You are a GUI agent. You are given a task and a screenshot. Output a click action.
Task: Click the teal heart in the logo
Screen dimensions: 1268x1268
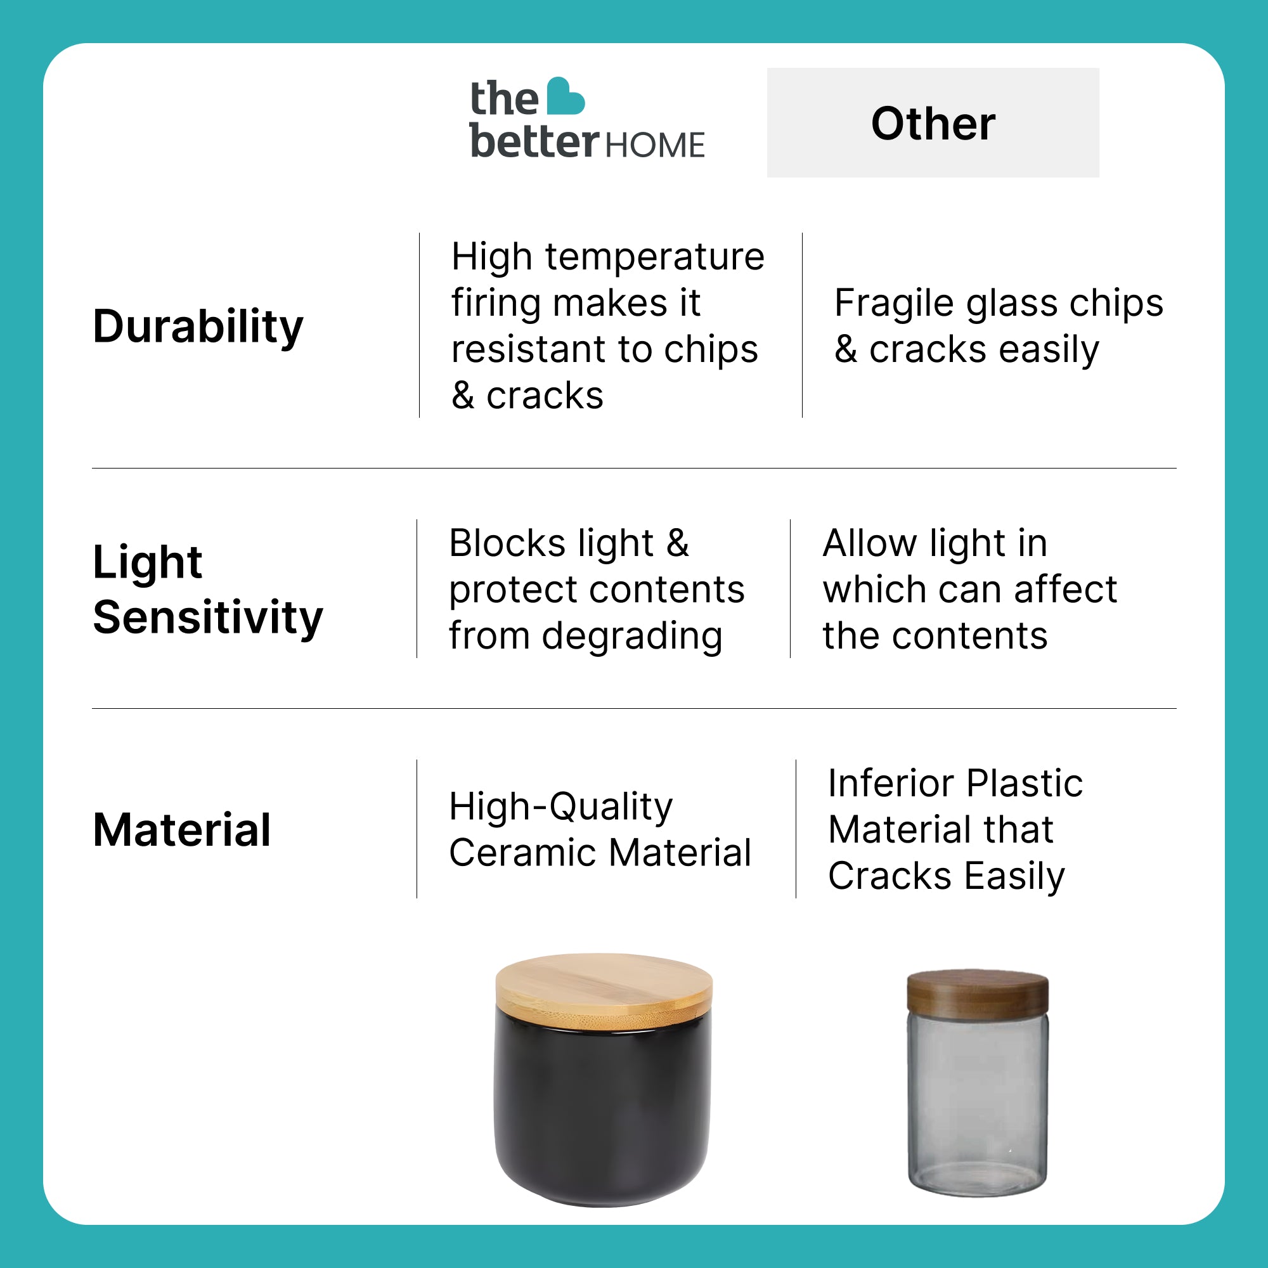(565, 96)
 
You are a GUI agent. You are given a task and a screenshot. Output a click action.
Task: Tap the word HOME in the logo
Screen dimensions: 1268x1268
(655, 145)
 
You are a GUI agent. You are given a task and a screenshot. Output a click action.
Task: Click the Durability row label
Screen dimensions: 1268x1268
(198, 327)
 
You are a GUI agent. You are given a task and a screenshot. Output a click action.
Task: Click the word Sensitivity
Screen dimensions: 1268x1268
(208, 618)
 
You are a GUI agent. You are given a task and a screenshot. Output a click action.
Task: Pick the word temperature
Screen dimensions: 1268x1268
(654, 257)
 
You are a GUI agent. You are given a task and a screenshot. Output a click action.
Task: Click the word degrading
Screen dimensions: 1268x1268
(632, 637)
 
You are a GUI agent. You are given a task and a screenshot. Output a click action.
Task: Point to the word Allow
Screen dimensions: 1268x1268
(870, 543)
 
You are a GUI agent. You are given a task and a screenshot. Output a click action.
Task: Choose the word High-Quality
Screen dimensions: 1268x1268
(561, 806)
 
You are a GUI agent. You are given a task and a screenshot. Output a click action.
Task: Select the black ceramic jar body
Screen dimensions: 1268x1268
(602, 1116)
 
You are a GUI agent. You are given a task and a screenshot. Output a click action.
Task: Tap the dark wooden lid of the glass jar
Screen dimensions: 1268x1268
(977, 994)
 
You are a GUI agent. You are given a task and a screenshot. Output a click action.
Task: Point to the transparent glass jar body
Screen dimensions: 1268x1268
(977, 1106)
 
